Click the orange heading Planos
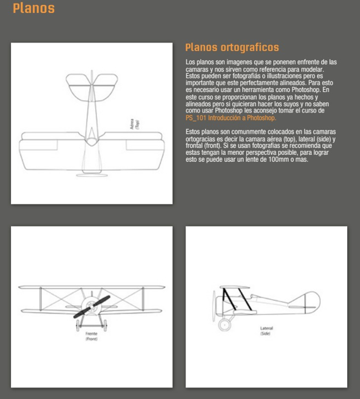coord(33,8)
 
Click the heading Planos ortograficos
coord(232,48)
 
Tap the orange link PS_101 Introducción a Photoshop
coord(231,118)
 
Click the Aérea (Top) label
coord(135,124)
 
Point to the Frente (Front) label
coord(91,336)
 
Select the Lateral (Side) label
coord(266,331)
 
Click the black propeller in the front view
coord(92,306)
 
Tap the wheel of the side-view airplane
coord(224,324)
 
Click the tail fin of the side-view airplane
coord(312,302)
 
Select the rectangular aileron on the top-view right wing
coord(144,145)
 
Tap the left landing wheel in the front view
coord(77,326)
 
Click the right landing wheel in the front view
coord(105,326)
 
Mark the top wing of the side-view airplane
coord(235,287)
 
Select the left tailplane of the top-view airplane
coord(78,87)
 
